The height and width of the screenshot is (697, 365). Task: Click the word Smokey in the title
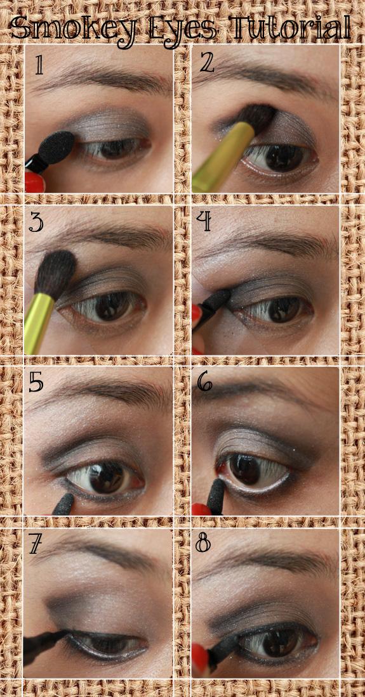click(73, 27)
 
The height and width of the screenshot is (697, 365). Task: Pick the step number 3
click(36, 222)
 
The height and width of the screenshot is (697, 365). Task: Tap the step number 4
click(203, 222)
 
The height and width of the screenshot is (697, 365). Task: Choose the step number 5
click(36, 382)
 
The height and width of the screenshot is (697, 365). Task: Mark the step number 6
click(204, 381)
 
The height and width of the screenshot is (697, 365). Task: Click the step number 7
click(36, 544)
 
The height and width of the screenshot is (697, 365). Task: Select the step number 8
click(202, 543)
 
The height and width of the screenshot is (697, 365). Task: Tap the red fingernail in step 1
click(34, 182)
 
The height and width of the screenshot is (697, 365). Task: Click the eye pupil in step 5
click(107, 476)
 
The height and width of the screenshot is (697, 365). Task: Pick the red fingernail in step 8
click(201, 656)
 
